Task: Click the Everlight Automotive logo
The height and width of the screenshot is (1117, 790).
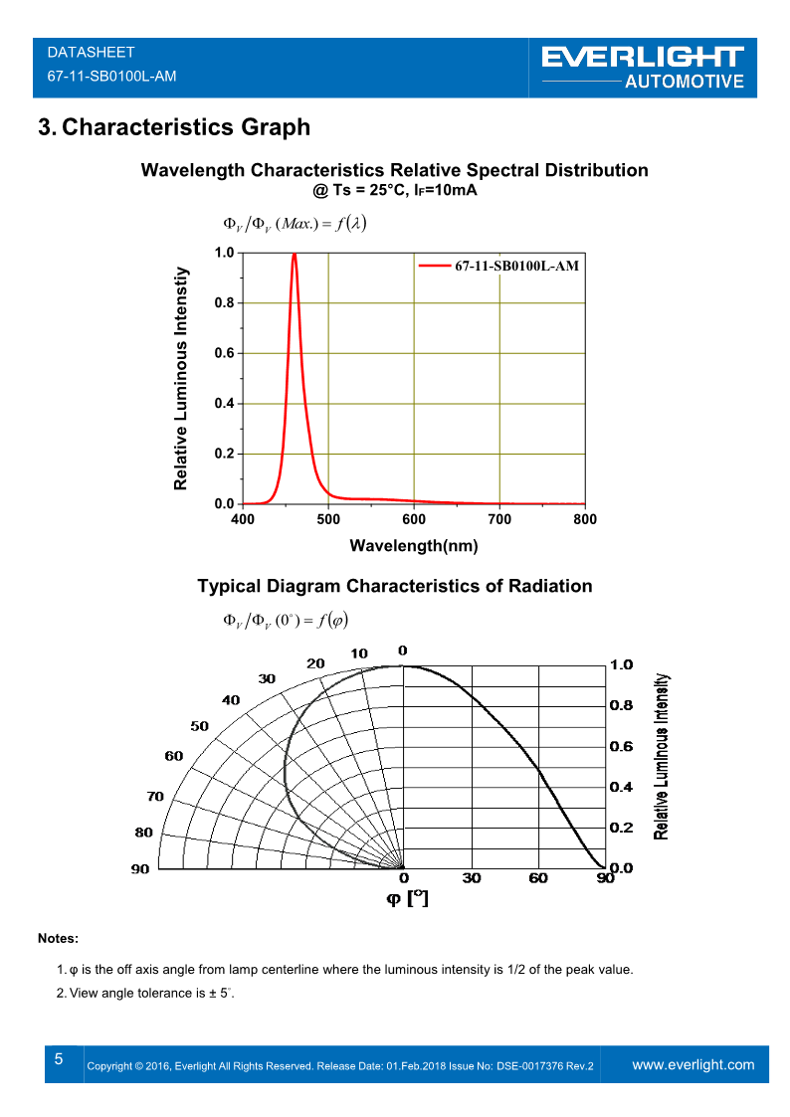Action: [643, 67]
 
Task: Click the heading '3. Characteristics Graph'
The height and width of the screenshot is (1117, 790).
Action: [173, 127]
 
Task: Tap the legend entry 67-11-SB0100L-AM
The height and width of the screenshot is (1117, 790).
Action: [515, 266]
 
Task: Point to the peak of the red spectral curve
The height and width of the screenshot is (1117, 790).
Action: [295, 254]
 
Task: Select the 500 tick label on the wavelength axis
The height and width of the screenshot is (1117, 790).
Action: [328, 519]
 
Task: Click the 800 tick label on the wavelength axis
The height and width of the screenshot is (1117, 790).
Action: [585, 519]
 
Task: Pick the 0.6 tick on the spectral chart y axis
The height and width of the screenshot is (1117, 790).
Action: [225, 353]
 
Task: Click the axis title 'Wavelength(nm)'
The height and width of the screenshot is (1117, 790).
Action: [414, 545]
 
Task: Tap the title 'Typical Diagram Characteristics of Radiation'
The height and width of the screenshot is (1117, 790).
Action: [394, 586]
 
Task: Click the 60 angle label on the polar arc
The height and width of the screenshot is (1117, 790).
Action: [174, 756]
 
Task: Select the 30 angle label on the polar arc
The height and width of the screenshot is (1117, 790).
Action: [267, 678]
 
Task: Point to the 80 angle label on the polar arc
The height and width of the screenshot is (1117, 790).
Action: [143, 833]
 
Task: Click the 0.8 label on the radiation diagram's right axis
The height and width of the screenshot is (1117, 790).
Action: [621, 705]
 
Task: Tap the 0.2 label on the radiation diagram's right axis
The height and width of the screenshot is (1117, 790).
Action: [621, 828]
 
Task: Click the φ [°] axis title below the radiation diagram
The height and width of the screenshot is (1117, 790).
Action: [408, 898]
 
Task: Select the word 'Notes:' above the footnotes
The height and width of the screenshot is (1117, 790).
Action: [58, 938]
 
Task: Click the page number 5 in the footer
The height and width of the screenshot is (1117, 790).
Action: [59, 1059]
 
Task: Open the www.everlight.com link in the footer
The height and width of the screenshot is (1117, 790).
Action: [693, 1064]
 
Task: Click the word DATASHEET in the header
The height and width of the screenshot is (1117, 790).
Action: [91, 52]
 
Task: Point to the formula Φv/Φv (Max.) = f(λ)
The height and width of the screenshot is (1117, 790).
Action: [295, 223]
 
